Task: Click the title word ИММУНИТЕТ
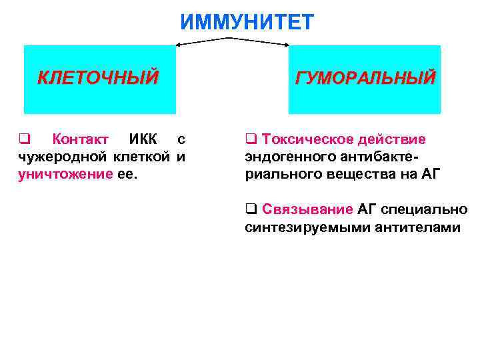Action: (246, 23)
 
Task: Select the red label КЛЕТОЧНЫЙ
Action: (98, 78)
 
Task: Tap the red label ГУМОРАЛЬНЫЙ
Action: (365, 78)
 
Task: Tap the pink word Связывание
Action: (307, 209)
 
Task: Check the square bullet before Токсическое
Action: (250, 140)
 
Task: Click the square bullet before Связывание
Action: (250, 210)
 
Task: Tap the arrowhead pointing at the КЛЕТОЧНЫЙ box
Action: (177, 46)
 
